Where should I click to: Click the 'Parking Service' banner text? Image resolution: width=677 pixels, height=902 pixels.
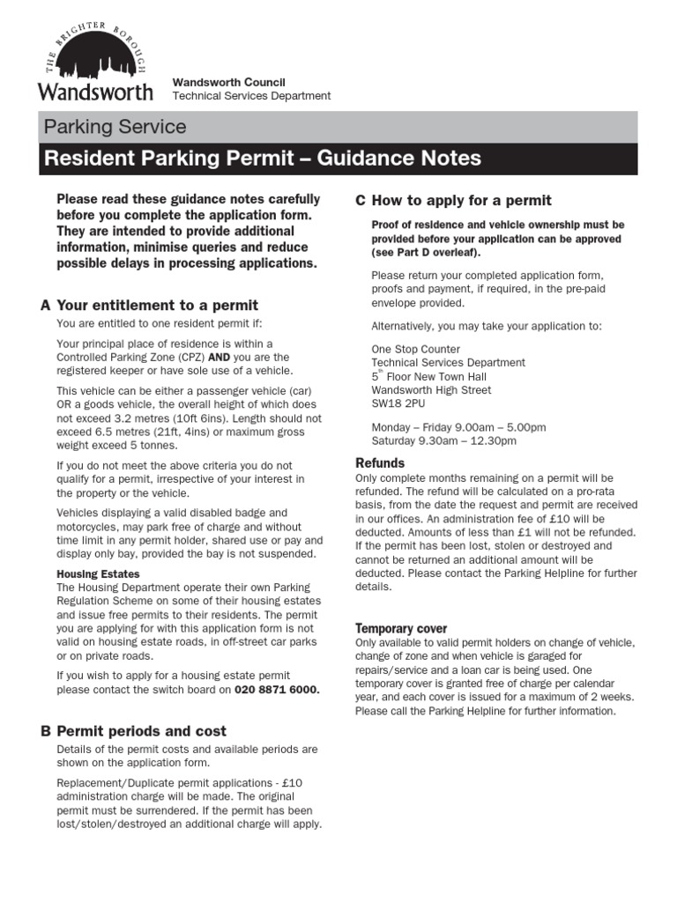coord(115,127)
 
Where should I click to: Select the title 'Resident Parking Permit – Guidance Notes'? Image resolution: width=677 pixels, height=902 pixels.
coord(263,159)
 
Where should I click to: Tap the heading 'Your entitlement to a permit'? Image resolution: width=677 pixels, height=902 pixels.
coord(157,306)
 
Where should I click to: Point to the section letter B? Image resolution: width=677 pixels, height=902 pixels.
coord(46,731)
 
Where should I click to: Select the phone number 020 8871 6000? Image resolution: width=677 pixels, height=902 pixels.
coord(277,690)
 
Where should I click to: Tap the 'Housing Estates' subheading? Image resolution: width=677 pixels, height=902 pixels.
coord(98,574)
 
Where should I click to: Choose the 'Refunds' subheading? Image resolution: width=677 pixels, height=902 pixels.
coord(380,463)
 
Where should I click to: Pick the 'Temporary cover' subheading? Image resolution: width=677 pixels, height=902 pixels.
coord(401,629)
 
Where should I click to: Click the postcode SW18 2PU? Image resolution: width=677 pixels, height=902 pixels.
coord(399,403)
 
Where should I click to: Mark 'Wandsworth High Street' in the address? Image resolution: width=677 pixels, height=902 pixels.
coord(431,390)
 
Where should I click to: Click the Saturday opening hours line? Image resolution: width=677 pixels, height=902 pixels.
coord(444,440)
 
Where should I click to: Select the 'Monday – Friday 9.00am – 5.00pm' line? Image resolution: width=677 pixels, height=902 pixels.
coord(458,427)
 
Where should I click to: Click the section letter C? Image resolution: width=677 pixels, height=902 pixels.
coord(361,201)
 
